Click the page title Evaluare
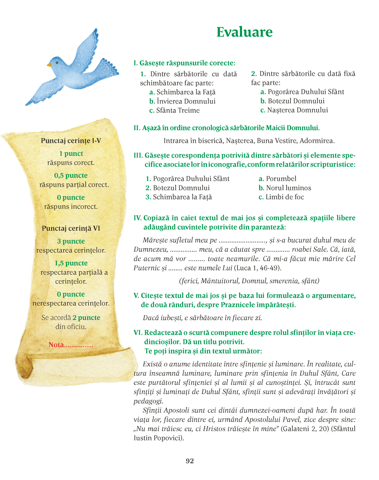244,32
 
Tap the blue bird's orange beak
49,65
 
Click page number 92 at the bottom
189,461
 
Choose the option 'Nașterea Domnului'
298,110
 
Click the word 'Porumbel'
281,179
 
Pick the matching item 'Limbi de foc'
285,197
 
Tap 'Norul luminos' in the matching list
288,188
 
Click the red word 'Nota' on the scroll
56,345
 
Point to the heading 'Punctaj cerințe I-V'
71,141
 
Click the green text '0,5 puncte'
71,176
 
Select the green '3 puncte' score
71,241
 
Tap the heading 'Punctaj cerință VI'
71,228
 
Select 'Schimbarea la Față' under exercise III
182,197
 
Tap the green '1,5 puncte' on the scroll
71,263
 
